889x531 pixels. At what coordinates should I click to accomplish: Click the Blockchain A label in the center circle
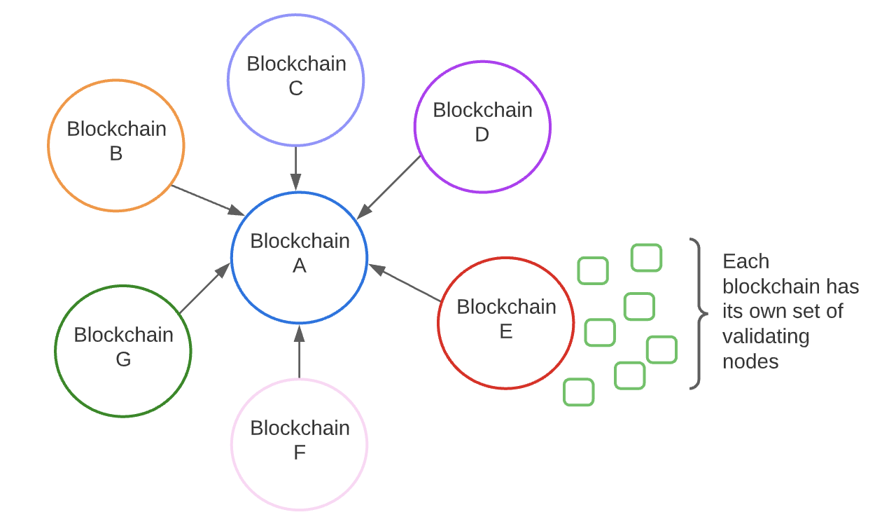click(300, 253)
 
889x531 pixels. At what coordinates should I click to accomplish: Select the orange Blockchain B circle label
click(116, 141)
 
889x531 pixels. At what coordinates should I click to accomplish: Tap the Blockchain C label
click(296, 76)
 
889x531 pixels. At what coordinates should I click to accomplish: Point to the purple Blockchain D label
click(482, 122)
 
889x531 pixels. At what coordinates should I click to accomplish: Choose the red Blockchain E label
click(506, 319)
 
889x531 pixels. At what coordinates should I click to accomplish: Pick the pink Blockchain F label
click(300, 440)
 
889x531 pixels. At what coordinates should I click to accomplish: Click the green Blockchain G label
click(123, 347)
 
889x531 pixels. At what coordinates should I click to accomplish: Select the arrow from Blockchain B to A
click(207, 200)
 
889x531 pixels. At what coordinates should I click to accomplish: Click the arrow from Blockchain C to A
click(296, 168)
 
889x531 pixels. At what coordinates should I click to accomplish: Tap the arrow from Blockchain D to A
click(389, 187)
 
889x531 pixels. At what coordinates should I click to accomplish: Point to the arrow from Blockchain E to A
click(405, 283)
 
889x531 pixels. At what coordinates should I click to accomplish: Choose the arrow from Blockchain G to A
click(204, 288)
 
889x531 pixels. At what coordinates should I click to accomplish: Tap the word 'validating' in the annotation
click(766, 336)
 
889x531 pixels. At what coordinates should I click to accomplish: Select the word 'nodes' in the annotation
click(750, 361)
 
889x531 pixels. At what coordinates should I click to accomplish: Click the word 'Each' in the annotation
click(745, 261)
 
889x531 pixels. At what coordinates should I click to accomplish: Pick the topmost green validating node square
click(646, 258)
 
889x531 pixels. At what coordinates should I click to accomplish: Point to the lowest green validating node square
click(579, 392)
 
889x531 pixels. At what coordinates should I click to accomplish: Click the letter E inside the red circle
click(506, 331)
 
